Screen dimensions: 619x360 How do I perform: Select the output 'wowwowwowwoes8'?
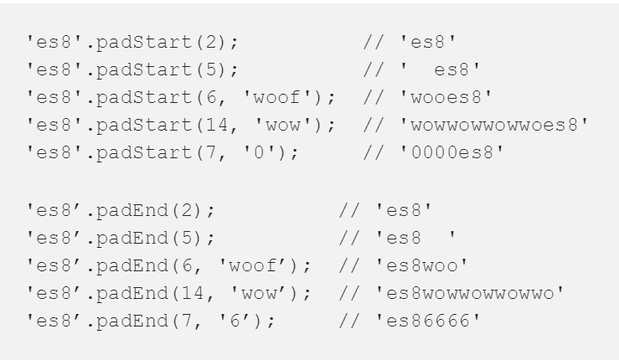click(493, 126)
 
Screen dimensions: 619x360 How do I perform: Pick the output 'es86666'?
click(431, 321)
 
